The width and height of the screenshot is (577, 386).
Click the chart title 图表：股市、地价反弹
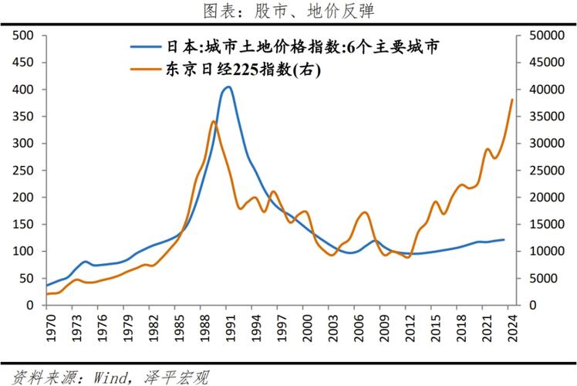tap(288, 12)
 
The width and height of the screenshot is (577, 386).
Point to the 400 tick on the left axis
tap(24, 90)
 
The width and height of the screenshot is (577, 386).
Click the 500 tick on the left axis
tap(24, 36)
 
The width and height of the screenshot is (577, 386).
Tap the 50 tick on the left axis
tap(27, 278)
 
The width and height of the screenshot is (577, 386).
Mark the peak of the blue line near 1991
tap(228, 86)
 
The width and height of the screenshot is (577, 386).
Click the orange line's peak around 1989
tap(213, 121)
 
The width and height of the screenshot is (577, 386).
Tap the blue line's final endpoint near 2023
tap(504, 239)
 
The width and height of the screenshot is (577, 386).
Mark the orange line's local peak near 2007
tap(365, 212)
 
